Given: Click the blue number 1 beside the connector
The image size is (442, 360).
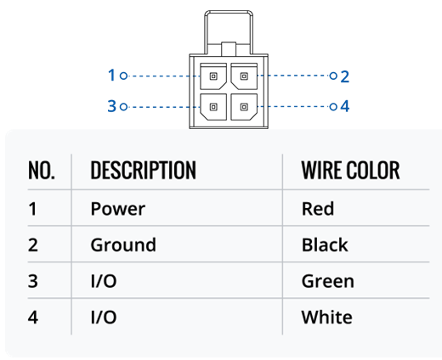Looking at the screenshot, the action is [111, 76].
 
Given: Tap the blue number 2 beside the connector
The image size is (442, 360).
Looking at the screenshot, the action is [344, 76].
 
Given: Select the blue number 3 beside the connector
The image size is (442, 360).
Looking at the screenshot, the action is [112, 106].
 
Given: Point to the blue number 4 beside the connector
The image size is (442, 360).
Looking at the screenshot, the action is [345, 106].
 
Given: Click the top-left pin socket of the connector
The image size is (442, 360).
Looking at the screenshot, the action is [213, 76].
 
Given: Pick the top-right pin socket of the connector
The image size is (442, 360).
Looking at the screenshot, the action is [244, 76].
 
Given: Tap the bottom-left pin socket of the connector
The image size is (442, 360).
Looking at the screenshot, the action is [213, 107].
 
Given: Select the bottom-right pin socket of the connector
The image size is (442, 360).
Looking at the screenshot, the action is [244, 107].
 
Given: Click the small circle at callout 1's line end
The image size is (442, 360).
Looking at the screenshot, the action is [123, 76].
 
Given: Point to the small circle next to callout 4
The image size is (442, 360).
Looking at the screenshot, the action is [333, 107].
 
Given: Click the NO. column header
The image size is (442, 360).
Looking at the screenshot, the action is [42, 171].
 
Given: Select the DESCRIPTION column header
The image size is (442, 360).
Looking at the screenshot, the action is [143, 171].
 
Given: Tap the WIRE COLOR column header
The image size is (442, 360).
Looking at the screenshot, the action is [350, 171].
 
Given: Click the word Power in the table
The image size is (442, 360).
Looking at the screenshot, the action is [118, 209].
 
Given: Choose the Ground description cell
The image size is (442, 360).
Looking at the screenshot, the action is [123, 245].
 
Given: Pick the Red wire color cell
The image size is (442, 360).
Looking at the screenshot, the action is [318, 209].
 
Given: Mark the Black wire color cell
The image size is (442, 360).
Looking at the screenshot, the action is [325, 245].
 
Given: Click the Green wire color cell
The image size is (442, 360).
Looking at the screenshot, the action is [328, 281].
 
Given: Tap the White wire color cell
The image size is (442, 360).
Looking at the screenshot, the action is [327, 317].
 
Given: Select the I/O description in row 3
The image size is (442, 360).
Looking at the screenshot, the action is [104, 281].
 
